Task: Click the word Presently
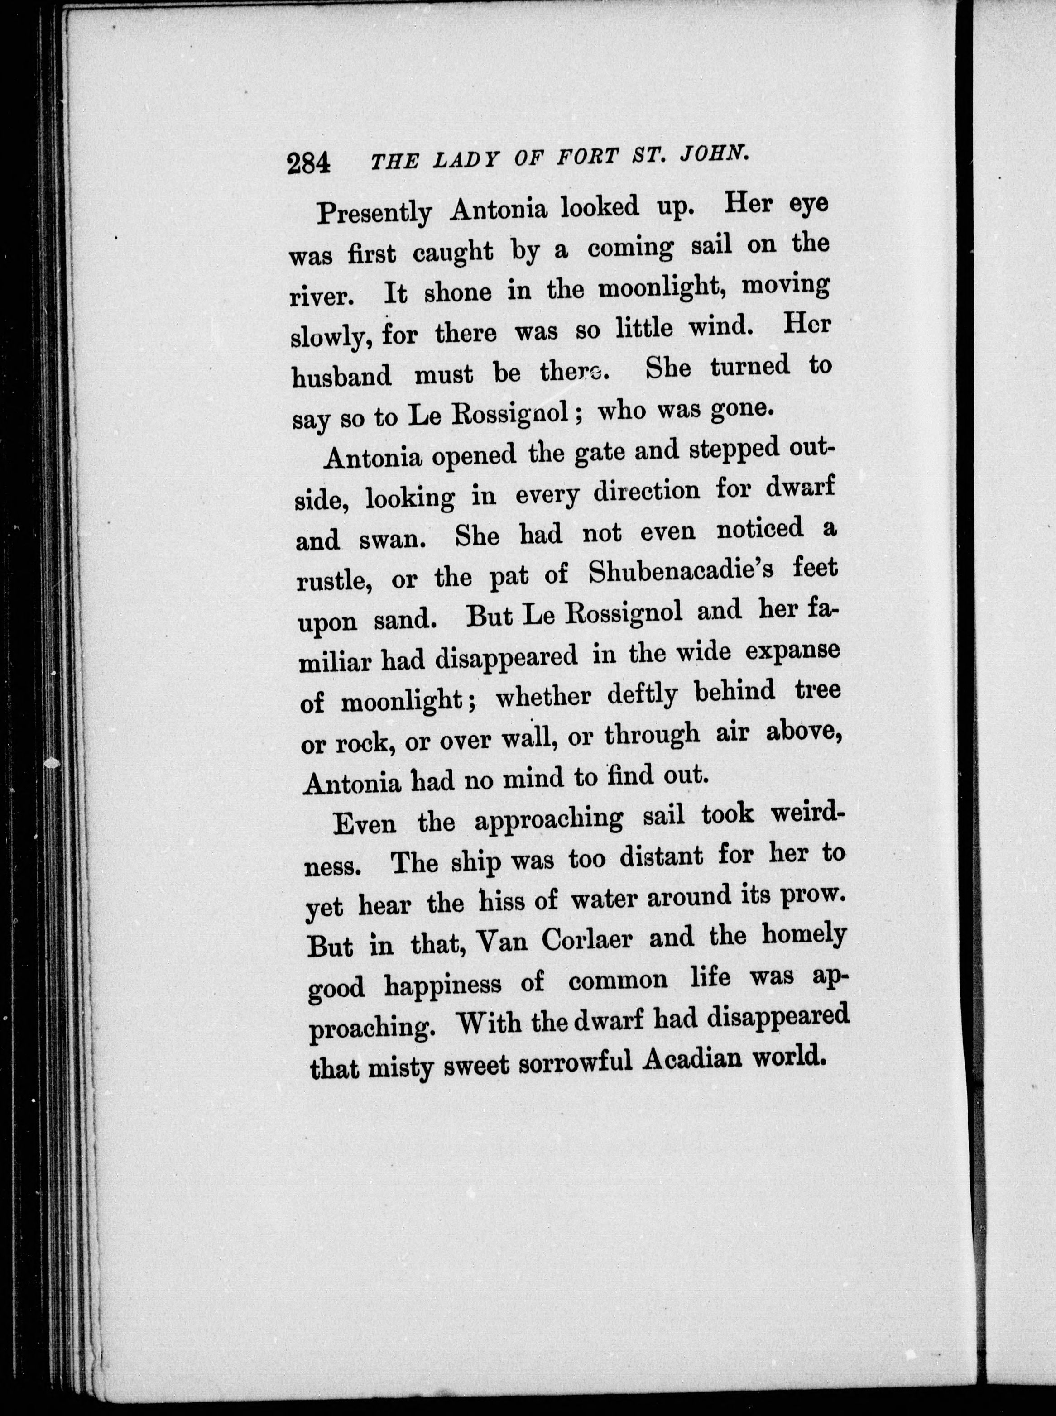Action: coord(374,212)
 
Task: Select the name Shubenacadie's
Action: coord(680,571)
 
